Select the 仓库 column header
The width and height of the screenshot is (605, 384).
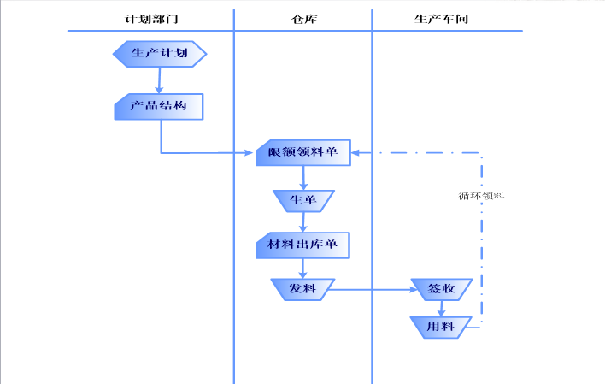click(x=303, y=19)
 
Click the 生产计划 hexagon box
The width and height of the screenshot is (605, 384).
click(x=160, y=54)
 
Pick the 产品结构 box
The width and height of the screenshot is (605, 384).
click(x=159, y=107)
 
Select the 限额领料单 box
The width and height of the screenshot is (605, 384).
click(x=302, y=153)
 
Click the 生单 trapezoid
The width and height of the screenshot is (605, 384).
click(x=303, y=201)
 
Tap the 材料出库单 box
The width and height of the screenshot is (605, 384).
click(x=302, y=246)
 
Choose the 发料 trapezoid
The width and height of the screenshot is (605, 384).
click(x=302, y=289)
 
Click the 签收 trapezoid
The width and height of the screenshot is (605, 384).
click(x=441, y=289)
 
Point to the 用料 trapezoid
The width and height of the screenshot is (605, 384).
click(x=441, y=327)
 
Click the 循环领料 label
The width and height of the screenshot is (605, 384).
click(x=481, y=196)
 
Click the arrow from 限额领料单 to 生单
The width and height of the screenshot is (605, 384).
click(x=303, y=177)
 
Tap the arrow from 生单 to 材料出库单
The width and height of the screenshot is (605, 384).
click(x=303, y=222)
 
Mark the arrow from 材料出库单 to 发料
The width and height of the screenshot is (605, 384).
click(x=303, y=268)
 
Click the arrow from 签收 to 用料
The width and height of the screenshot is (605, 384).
click(x=441, y=309)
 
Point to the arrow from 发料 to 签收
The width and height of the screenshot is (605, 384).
click(x=372, y=290)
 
